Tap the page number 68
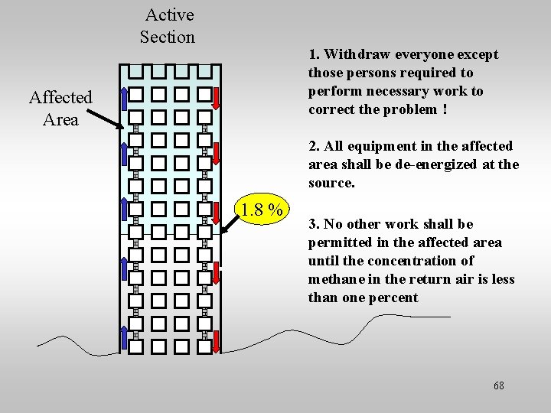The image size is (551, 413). pos(499,385)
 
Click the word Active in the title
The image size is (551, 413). pos(169,15)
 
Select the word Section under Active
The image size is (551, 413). pos(168,37)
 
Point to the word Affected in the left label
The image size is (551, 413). pos(60,97)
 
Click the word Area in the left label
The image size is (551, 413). pos(60,119)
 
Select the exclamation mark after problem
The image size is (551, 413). pos(445,109)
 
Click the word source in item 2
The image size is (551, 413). pos(331,183)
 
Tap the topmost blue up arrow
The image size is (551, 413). pos(124,98)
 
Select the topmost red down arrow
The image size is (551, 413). pos(217,98)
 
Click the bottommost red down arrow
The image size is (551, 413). pos(217,341)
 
